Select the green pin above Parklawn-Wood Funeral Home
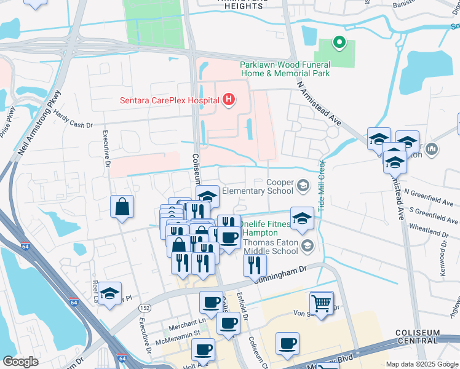[x=338, y=43]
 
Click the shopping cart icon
[x=321, y=303]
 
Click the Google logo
[x=21, y=362]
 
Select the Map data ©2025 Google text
[x=421, y=364]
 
